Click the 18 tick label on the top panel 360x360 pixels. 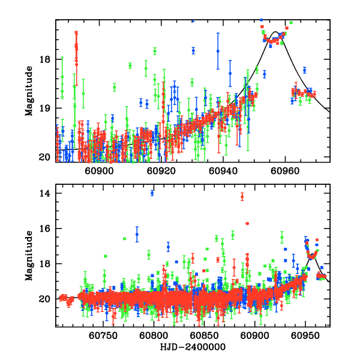48,59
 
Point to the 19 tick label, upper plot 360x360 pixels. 48,108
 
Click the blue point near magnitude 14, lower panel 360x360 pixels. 152,193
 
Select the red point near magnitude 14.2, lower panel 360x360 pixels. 242,196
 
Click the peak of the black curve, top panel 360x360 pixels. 275,32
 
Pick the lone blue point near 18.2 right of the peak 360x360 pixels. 305,70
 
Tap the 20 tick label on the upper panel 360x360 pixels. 48,157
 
